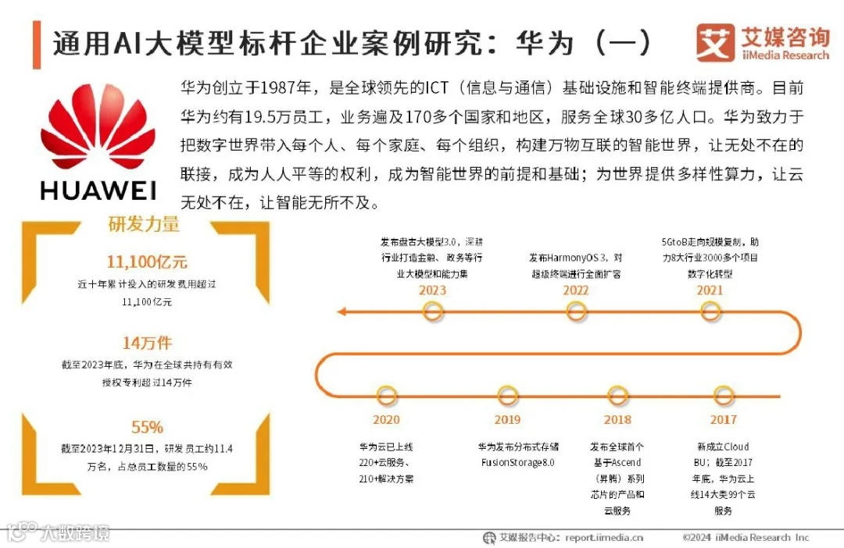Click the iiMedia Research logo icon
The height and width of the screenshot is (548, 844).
pyautogui.click(x=714, y=43)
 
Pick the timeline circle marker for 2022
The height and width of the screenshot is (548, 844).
pyautogui.click(x=576, y=312)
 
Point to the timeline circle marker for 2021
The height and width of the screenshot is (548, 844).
pyautogui.click(x=710, y=312)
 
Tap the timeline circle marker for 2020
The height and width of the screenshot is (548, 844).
pyautogui.click(x=386, y=396)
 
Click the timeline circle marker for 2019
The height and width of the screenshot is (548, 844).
pyautogui.click(x=507, y=396)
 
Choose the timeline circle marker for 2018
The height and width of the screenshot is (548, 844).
pyautogui.click(x=617, y=396)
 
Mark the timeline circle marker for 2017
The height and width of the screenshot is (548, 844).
pyautogui.click(x=724, y=396)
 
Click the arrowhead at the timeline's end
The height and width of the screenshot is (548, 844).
pyautogui.click(x=342, y=312)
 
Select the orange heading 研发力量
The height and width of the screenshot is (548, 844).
pyautogui.click(x=144, y=225)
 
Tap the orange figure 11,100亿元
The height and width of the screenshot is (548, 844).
pyautogui.click(x=147, y=262)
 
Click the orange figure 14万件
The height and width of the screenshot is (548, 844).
pyautogui.click(x=147, y=343)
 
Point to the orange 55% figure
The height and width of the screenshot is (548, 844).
pyautogui.click(x=147, y=427)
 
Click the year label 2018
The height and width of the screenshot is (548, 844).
pyautogui.click(x=617, y=420)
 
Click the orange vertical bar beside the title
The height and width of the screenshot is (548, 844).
pyautogui.click(x=37, y=44)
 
